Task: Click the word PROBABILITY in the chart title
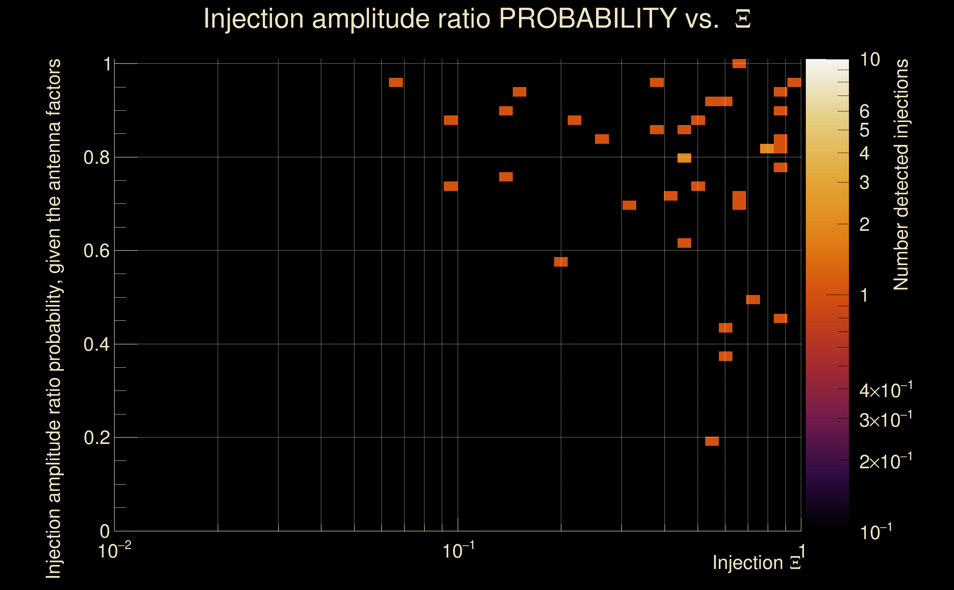[588, 18]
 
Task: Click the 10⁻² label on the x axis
[114, 551]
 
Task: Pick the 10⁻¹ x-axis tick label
[458, 551]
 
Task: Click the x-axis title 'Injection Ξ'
[757, 563]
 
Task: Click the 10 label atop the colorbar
[870, 60]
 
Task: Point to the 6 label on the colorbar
[864, 112]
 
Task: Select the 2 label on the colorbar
[864, 224]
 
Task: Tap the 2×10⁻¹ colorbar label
[885, 462]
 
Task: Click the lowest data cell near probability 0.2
[712, 441]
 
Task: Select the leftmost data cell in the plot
[396, 82]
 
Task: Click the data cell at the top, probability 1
[739, 63]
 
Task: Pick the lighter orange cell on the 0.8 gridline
[684, 158]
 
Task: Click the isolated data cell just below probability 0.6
[561, 262]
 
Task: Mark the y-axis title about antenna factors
[53, 318]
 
